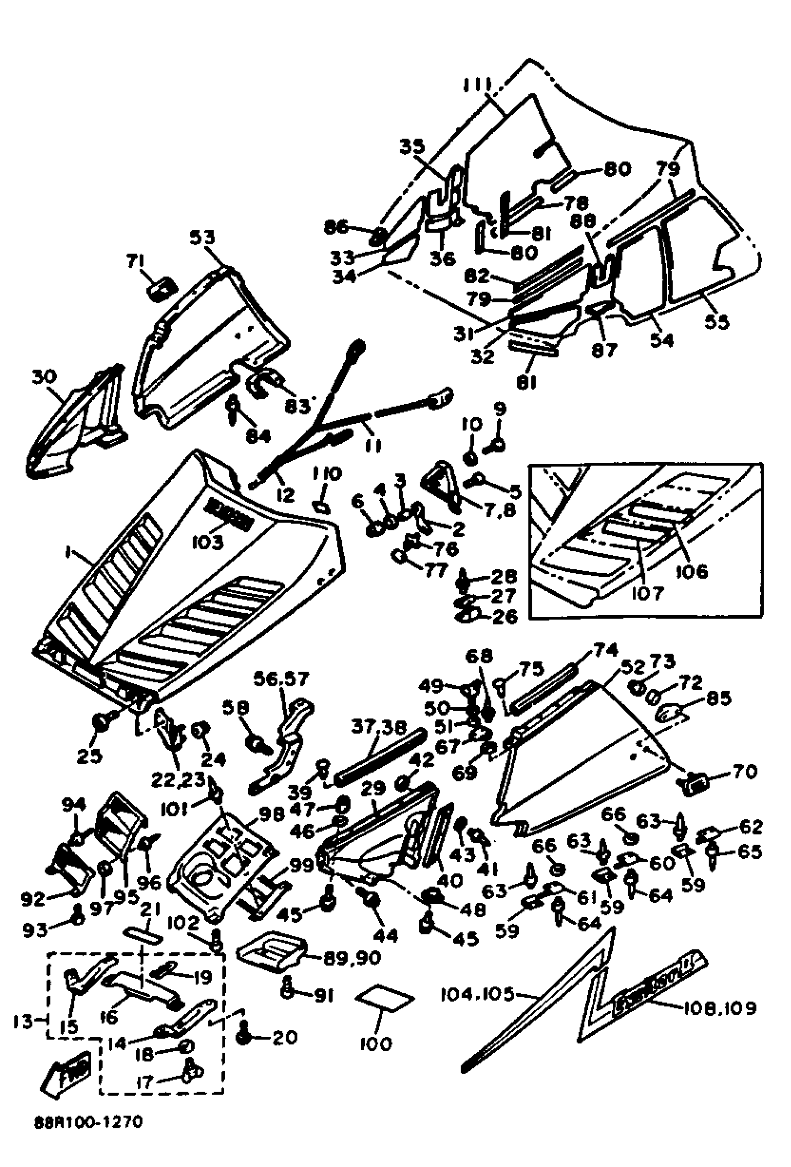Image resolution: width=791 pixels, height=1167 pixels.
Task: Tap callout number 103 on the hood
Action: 208,542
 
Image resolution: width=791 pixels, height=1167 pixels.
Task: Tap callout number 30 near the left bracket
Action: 44,376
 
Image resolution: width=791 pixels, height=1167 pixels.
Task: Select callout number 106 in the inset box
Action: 691,571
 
